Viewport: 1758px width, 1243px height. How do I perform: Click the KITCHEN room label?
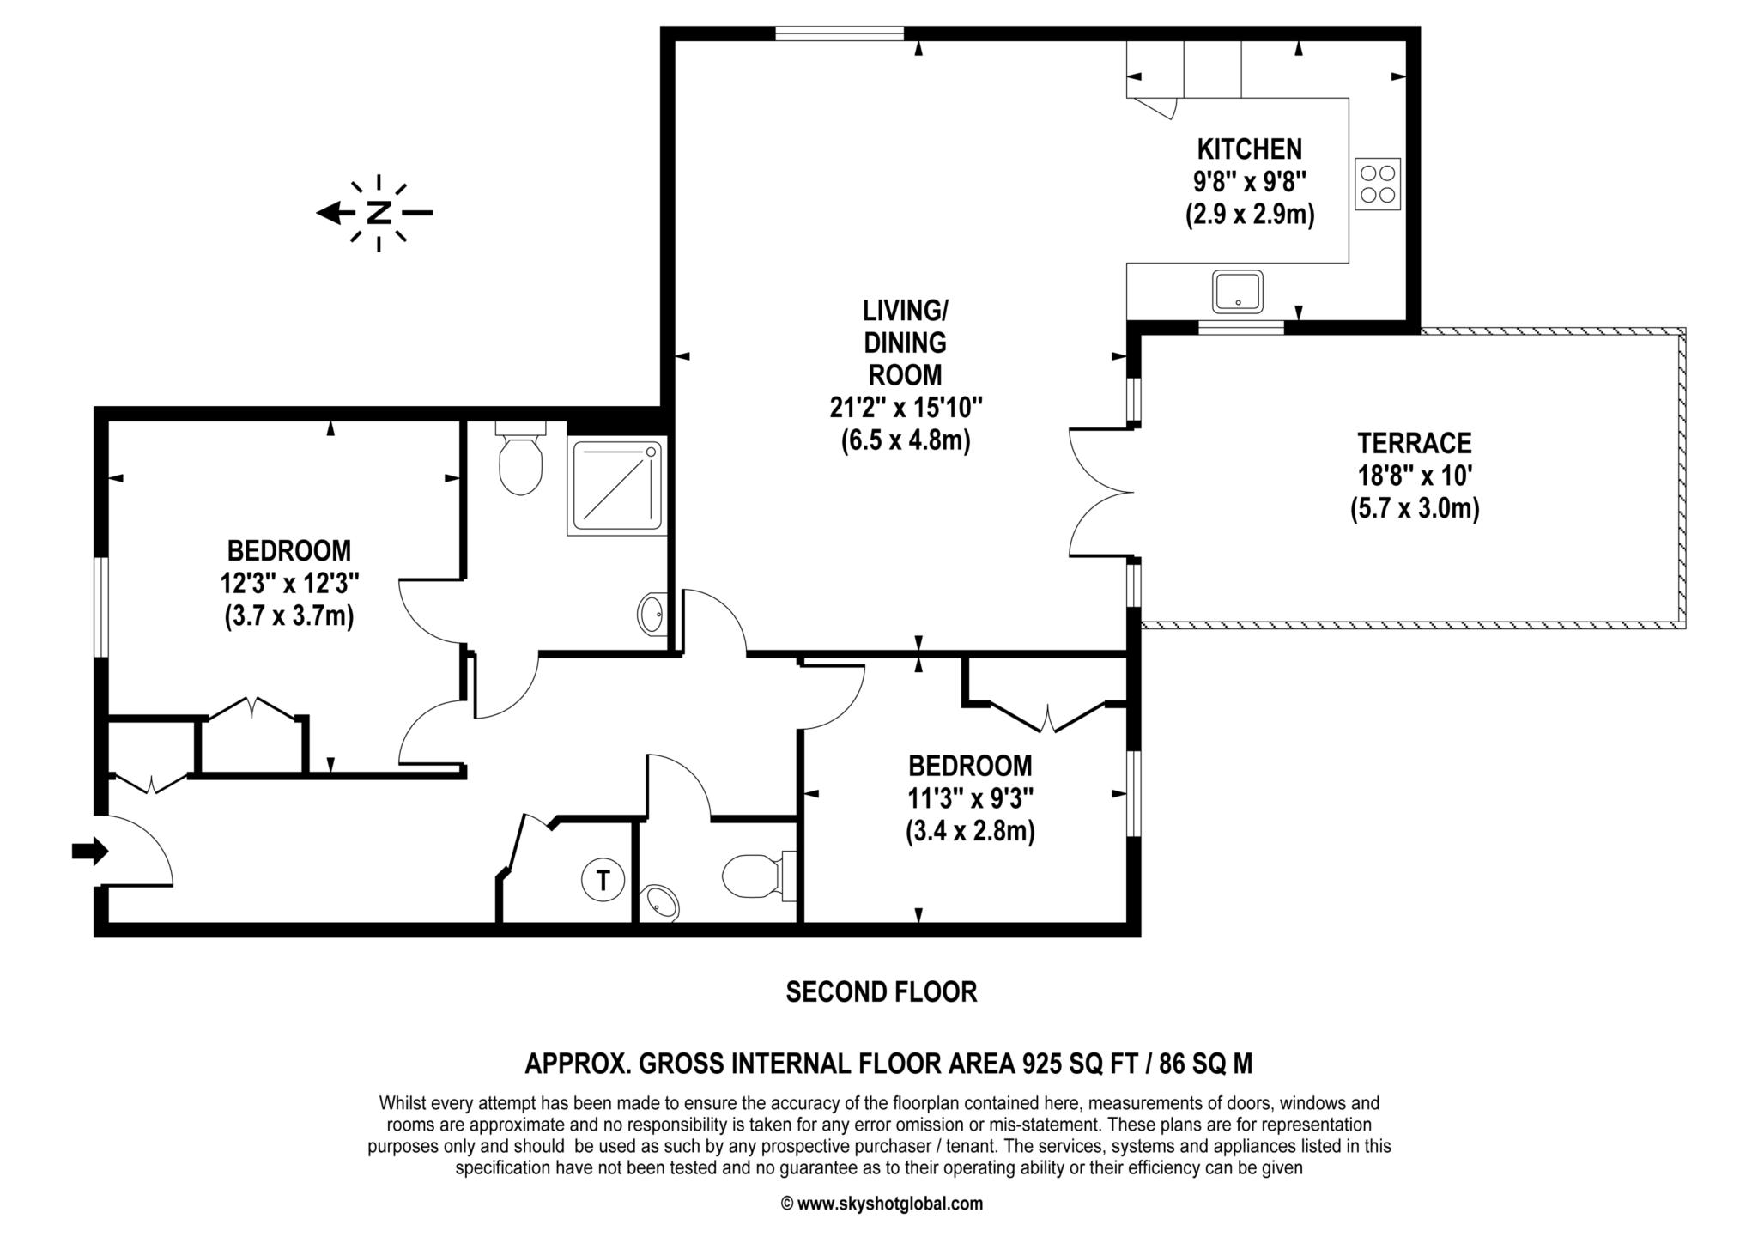point(1249,149)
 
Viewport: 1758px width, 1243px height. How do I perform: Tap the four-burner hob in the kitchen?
point(1377,184)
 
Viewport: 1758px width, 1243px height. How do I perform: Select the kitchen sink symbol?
point(1237,292)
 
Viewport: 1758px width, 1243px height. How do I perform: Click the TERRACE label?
point(1414,443)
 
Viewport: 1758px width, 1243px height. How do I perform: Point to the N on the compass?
point(379,213)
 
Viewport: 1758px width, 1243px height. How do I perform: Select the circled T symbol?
point(603,880)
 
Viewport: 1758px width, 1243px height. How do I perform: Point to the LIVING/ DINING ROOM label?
point(905,342)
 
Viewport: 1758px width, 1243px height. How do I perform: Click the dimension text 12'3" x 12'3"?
point(288,584)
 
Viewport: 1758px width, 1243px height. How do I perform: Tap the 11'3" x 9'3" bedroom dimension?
point(970,799)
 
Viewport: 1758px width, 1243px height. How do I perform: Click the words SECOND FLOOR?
point(881,992)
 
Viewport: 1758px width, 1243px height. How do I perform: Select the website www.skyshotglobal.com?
point(889,1204)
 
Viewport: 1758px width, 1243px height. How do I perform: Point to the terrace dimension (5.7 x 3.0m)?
point(1414,509)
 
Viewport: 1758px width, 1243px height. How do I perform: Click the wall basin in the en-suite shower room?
point(652,614)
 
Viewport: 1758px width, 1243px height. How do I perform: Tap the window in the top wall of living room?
point(839,33)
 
